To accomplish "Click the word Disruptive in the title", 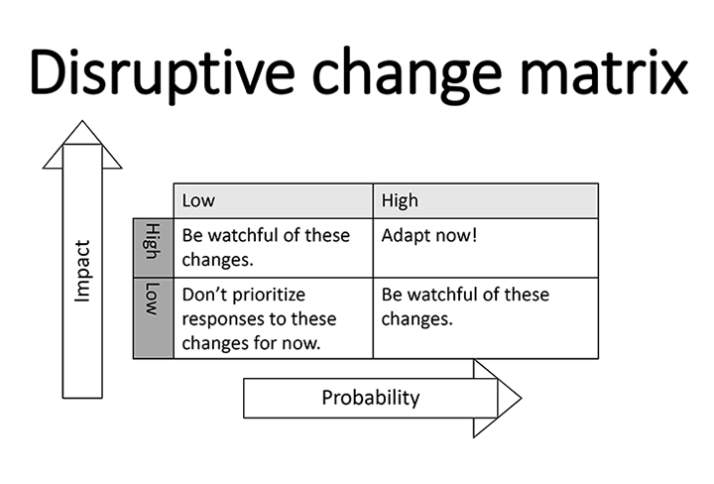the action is (162, 73).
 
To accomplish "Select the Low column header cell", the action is (274, 200).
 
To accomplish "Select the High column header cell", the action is (485, 200).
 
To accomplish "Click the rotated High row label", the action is (153, 242).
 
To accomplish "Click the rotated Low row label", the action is (153, 300).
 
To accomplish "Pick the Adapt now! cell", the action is (485, 248).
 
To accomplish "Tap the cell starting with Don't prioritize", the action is (274, 317).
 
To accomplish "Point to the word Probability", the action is (371, 398).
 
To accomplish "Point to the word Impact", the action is (82, 271).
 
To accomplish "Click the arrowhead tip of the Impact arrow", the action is (82, 121).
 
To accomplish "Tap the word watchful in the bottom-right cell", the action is (441, 295).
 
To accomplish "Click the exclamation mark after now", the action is (474, 235).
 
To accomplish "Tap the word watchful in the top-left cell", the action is (243, 235).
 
